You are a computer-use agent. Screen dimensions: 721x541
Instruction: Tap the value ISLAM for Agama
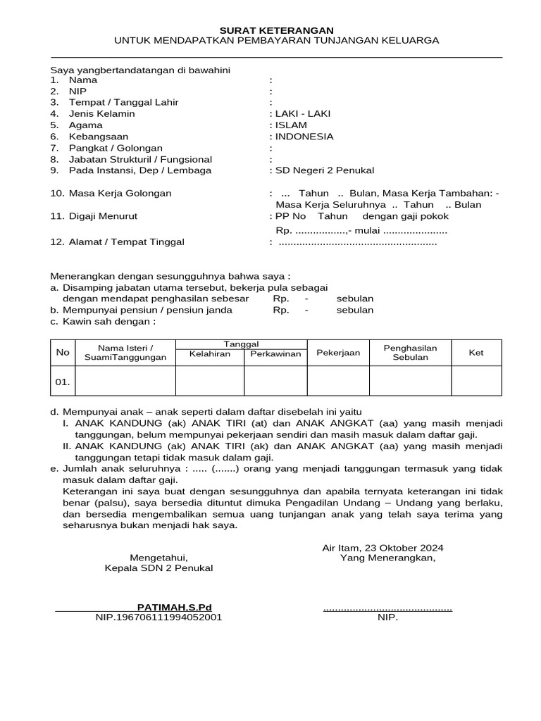tap(291, 125)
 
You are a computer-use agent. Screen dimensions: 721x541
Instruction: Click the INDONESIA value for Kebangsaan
tap(304, 137)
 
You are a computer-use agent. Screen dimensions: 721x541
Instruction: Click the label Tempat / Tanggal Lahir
tap(123, 103)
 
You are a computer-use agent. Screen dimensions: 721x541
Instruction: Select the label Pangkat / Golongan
tap(116, 149)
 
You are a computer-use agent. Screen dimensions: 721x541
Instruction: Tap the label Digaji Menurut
tap(103, 216)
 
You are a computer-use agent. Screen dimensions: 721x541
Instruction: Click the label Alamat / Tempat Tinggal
tap(126, 242)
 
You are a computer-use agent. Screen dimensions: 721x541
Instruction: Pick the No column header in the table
tap(63, 353)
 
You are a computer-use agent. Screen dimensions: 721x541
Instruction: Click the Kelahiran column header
tap(209, 353)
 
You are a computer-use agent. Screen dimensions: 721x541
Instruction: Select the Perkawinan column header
tap(275, 353)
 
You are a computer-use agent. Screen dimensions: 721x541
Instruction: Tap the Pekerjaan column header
tap(338, 353)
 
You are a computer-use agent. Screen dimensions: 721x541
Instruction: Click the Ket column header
tap(476, 353)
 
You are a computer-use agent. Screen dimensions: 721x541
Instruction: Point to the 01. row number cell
tap(63, 382)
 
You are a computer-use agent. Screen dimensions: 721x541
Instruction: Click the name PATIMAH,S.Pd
tap(174, 607)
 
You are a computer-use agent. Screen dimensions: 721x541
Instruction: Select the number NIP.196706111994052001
tap(159, 617)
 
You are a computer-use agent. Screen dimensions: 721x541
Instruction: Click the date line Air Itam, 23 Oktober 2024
tap(383, 548)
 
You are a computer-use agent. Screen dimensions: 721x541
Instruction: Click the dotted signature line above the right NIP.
tap(387, 608)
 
